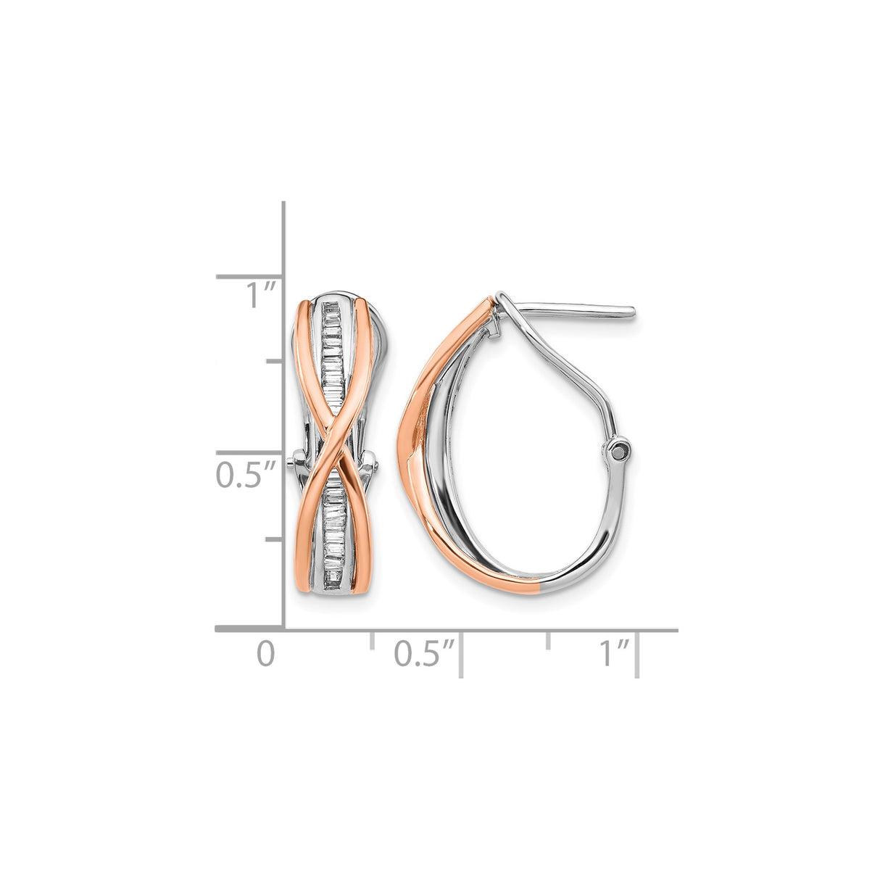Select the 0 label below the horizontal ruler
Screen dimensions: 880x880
(266, 654)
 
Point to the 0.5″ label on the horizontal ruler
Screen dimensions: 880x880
(424, 654)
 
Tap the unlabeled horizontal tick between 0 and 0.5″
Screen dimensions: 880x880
(372, 639)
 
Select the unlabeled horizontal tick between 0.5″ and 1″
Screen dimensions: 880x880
(548, 639)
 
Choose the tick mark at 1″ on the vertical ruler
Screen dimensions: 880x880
(249, 276)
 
